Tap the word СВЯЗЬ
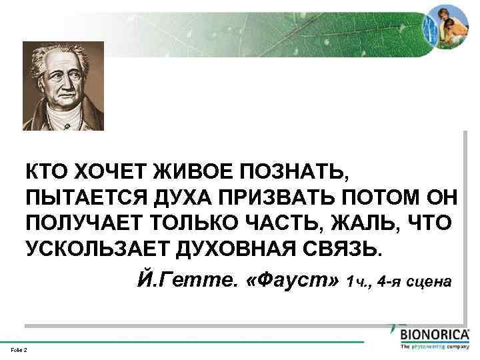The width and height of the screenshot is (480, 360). tap(347, 247)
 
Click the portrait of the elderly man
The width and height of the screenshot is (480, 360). tap(63, 87)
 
